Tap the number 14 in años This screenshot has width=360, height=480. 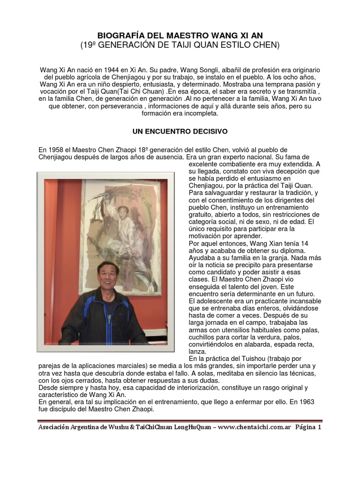click(304, 243)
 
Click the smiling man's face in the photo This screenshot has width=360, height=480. click(108, 276)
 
